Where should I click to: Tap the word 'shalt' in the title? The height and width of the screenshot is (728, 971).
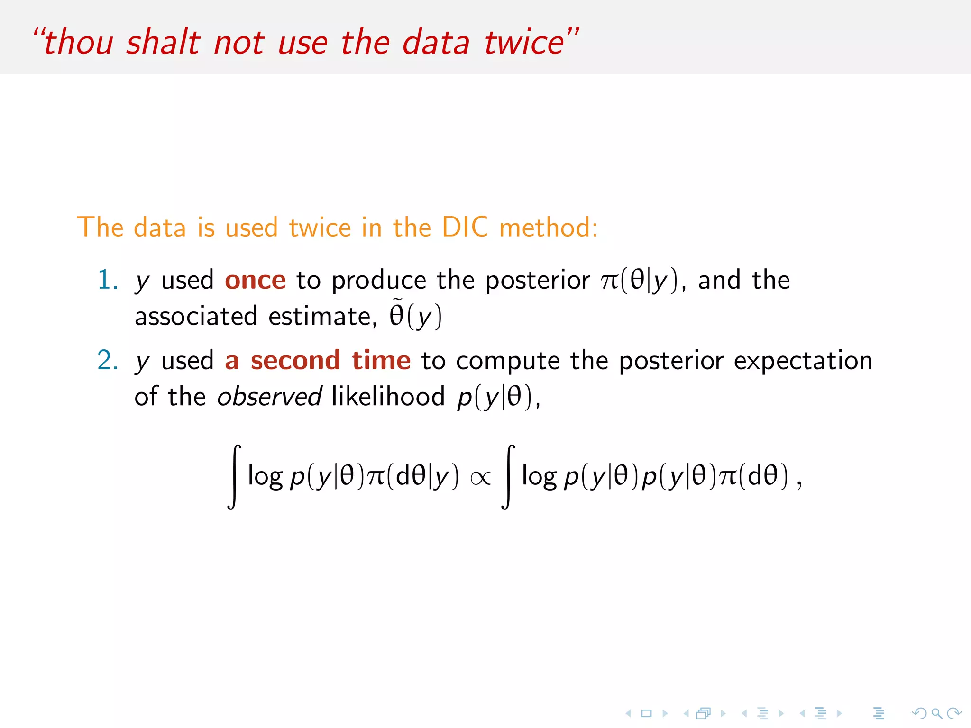163,42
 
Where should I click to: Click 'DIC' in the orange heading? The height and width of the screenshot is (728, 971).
464,227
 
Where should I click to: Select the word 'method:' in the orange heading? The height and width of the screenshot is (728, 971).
549,227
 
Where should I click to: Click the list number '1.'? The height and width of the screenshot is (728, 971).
107,280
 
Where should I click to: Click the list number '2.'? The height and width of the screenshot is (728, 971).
107,360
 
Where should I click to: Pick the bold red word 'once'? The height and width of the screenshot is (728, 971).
255,280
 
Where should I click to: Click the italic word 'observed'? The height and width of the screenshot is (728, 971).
269,396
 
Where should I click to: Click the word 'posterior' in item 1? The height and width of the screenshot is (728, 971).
538,280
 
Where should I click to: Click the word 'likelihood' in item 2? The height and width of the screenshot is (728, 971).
388,396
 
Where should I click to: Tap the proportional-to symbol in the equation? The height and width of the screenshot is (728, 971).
480,478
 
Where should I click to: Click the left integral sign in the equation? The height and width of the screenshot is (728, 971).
234,476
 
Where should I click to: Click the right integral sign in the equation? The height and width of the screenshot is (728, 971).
508,476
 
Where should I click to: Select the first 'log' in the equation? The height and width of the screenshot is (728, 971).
265,476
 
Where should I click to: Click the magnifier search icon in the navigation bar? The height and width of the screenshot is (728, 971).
936,713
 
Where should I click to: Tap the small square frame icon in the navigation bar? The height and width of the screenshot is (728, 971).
646,713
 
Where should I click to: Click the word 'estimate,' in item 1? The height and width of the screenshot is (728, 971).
322,316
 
